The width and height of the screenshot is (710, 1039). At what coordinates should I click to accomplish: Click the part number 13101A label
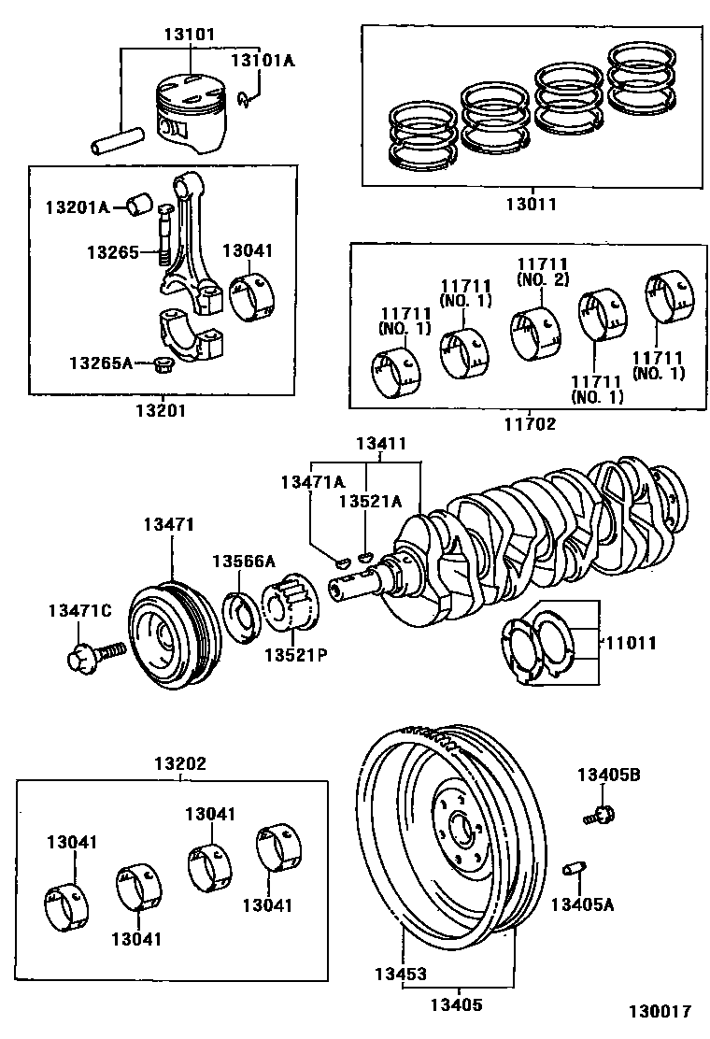pos(263,62)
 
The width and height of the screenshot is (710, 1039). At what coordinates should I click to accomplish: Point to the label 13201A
pos(78,207)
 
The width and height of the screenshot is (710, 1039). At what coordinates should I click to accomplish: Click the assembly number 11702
pos(529,423)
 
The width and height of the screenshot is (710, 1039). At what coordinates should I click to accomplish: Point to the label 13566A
pos(243,561)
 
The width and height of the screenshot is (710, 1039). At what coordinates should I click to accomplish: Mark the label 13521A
pos(369,503)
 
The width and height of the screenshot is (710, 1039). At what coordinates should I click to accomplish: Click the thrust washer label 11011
pos(632,644)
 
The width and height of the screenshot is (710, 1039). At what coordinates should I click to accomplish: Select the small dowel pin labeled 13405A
pos(574,869)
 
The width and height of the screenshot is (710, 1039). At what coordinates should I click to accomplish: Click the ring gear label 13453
pos(402,973)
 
